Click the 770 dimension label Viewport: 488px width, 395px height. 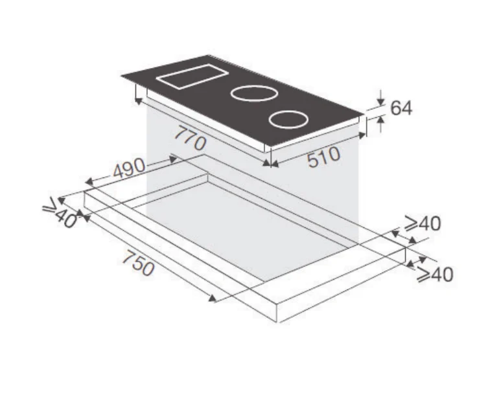point(190,139)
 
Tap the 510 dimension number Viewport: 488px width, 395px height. point(323,157)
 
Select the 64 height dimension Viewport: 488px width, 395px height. point(401,108)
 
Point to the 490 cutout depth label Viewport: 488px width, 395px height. point(129,168)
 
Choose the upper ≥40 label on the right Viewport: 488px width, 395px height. point(423,223)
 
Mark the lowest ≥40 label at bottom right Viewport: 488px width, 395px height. point(435,275)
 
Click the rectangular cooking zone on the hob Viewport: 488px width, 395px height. point(192,76)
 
